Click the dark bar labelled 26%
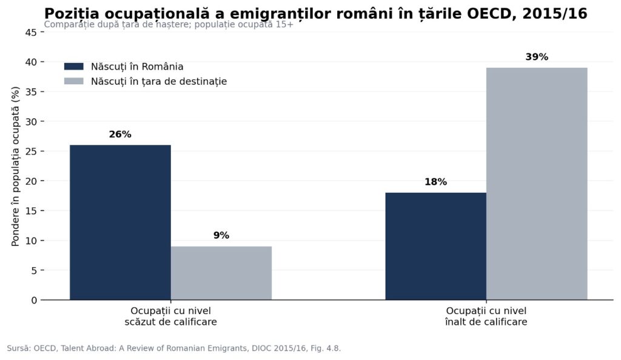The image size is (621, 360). point(121,222)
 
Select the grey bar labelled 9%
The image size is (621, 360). point(221,273)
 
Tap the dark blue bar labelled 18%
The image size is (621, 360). point(435,246)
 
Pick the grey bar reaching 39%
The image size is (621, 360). point(537,184)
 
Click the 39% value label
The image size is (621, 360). point(537,57)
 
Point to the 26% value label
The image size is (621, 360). point(120,135)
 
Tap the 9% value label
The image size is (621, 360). point(221,235)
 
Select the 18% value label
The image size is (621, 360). point(435,182)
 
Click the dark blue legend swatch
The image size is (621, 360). point(73,67)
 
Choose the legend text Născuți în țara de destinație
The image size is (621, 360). point(159,81)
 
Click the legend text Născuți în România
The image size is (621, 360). point(137,67)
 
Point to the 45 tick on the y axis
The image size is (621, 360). point(31,33)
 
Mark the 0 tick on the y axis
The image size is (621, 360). point(34,300)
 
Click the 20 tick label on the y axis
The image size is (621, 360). point(31,181)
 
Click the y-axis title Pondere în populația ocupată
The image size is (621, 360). point(15,166)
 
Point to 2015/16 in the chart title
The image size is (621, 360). point(555,14)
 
